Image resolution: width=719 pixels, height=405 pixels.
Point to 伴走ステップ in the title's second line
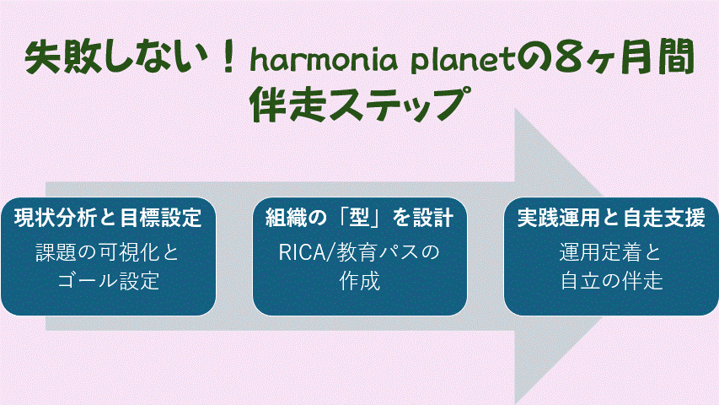(x=358, y=104)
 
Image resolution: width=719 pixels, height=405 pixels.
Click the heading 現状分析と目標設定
(x=108, y=219)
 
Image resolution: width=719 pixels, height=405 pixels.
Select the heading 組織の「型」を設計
(x=360, y=219)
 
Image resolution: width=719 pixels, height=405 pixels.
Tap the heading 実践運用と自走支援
(x=611, y=219)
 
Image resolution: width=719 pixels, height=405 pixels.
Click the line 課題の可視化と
(x=108, y=252)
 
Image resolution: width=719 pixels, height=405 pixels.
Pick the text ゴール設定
(x=108, y=281)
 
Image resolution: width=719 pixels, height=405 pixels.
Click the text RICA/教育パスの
(x=360, y=252)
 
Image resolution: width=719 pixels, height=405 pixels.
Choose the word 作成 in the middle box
(x=360, y=281)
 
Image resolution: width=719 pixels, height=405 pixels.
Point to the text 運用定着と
(x=611, y=252)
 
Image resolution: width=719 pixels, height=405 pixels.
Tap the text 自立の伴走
(x=611, y=281)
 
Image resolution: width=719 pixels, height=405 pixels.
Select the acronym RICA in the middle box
(x=300, y=252)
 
